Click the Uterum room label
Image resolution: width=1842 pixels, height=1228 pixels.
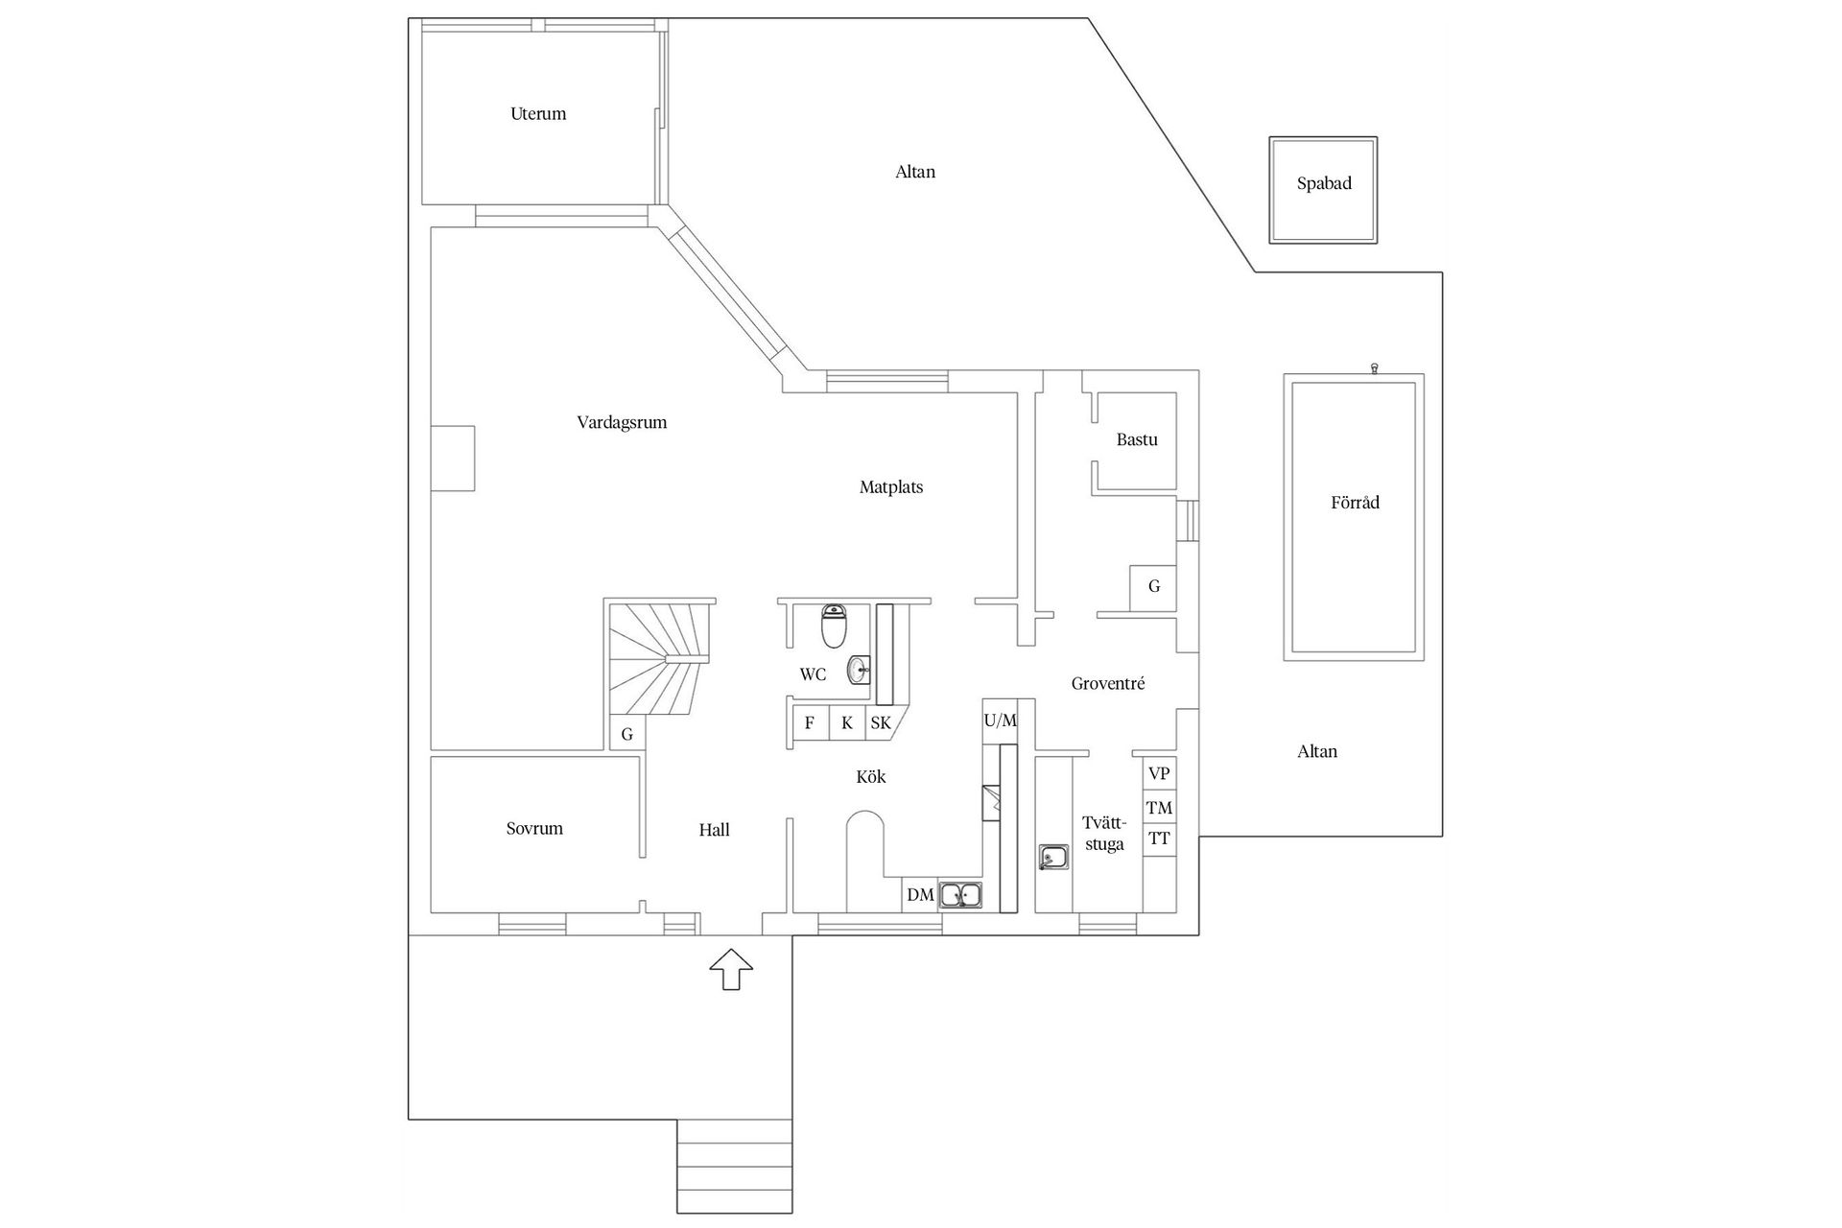point(538,113)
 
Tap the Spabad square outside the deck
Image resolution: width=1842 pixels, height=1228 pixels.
point(1323,189)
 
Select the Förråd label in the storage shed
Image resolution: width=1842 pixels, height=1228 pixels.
point(1355,502)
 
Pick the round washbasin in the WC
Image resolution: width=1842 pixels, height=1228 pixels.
point(859,670)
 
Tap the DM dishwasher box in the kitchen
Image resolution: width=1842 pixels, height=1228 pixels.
point(920,895)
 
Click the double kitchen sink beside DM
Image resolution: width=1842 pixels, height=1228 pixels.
point(960,895)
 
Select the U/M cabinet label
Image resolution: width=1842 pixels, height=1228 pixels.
point(1000,720)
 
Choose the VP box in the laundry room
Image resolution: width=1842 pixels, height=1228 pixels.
point(1159,773)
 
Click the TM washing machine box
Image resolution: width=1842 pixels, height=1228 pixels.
point(1159,808)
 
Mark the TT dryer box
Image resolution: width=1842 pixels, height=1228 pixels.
point(1159,838)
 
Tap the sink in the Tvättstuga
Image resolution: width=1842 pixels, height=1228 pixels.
point(1053,857)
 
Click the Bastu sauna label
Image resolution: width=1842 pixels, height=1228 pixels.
point(1137,439)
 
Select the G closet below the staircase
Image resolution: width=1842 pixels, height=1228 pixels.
point(627,734)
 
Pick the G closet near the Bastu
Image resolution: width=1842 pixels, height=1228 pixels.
point(1153,586)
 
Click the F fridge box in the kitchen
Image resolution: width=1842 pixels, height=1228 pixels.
point(809,722)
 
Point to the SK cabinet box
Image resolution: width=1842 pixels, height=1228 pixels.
point(881,722)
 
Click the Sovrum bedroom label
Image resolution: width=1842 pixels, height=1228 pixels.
point(534,828)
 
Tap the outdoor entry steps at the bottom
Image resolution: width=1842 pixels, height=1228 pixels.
point(735,1166)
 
